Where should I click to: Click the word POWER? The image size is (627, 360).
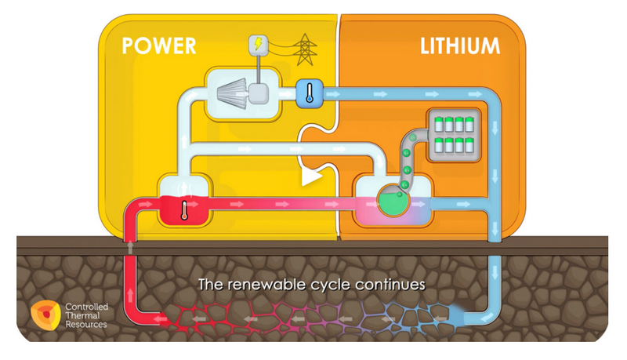coord(159,46)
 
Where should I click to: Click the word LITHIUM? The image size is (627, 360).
coord(460,46)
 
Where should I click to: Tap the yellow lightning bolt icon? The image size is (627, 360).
coord(259,43)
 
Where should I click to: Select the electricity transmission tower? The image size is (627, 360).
coord(305,49)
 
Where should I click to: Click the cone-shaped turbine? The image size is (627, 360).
coord(231,93)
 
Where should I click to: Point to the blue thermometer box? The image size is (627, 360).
coord(310,93)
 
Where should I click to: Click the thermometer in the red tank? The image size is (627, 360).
coord(184,210)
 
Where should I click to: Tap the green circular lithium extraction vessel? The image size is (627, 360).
coord(393,201)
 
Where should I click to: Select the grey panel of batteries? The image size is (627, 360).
coord(454,135)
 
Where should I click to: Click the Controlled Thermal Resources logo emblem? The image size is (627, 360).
coord(45,315)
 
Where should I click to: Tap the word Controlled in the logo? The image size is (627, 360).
coord(87,307)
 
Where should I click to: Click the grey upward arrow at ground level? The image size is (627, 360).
coord(130,247)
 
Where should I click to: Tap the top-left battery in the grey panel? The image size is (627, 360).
coord(439,125)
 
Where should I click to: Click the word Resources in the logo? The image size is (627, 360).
coord(86,325)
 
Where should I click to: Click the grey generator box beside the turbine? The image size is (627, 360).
coord(259,94)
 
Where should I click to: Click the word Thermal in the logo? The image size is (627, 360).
coord(83,315)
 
